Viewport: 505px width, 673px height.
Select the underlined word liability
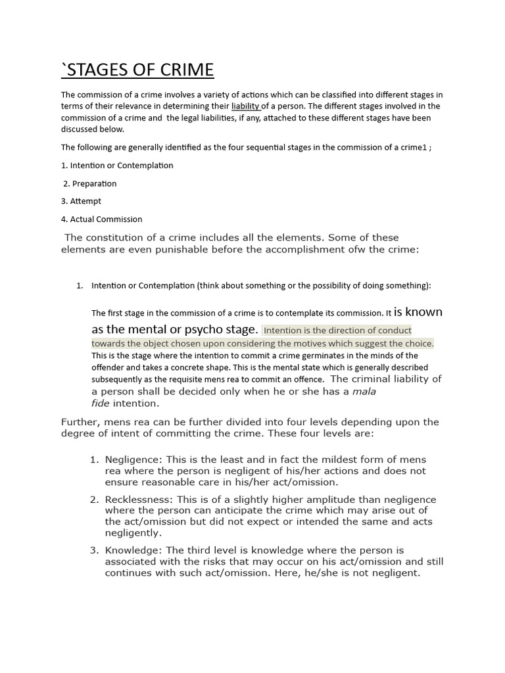coord(245,106)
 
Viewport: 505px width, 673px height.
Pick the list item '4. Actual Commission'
coord(101,219)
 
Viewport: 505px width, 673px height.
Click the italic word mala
coord(364,391)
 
